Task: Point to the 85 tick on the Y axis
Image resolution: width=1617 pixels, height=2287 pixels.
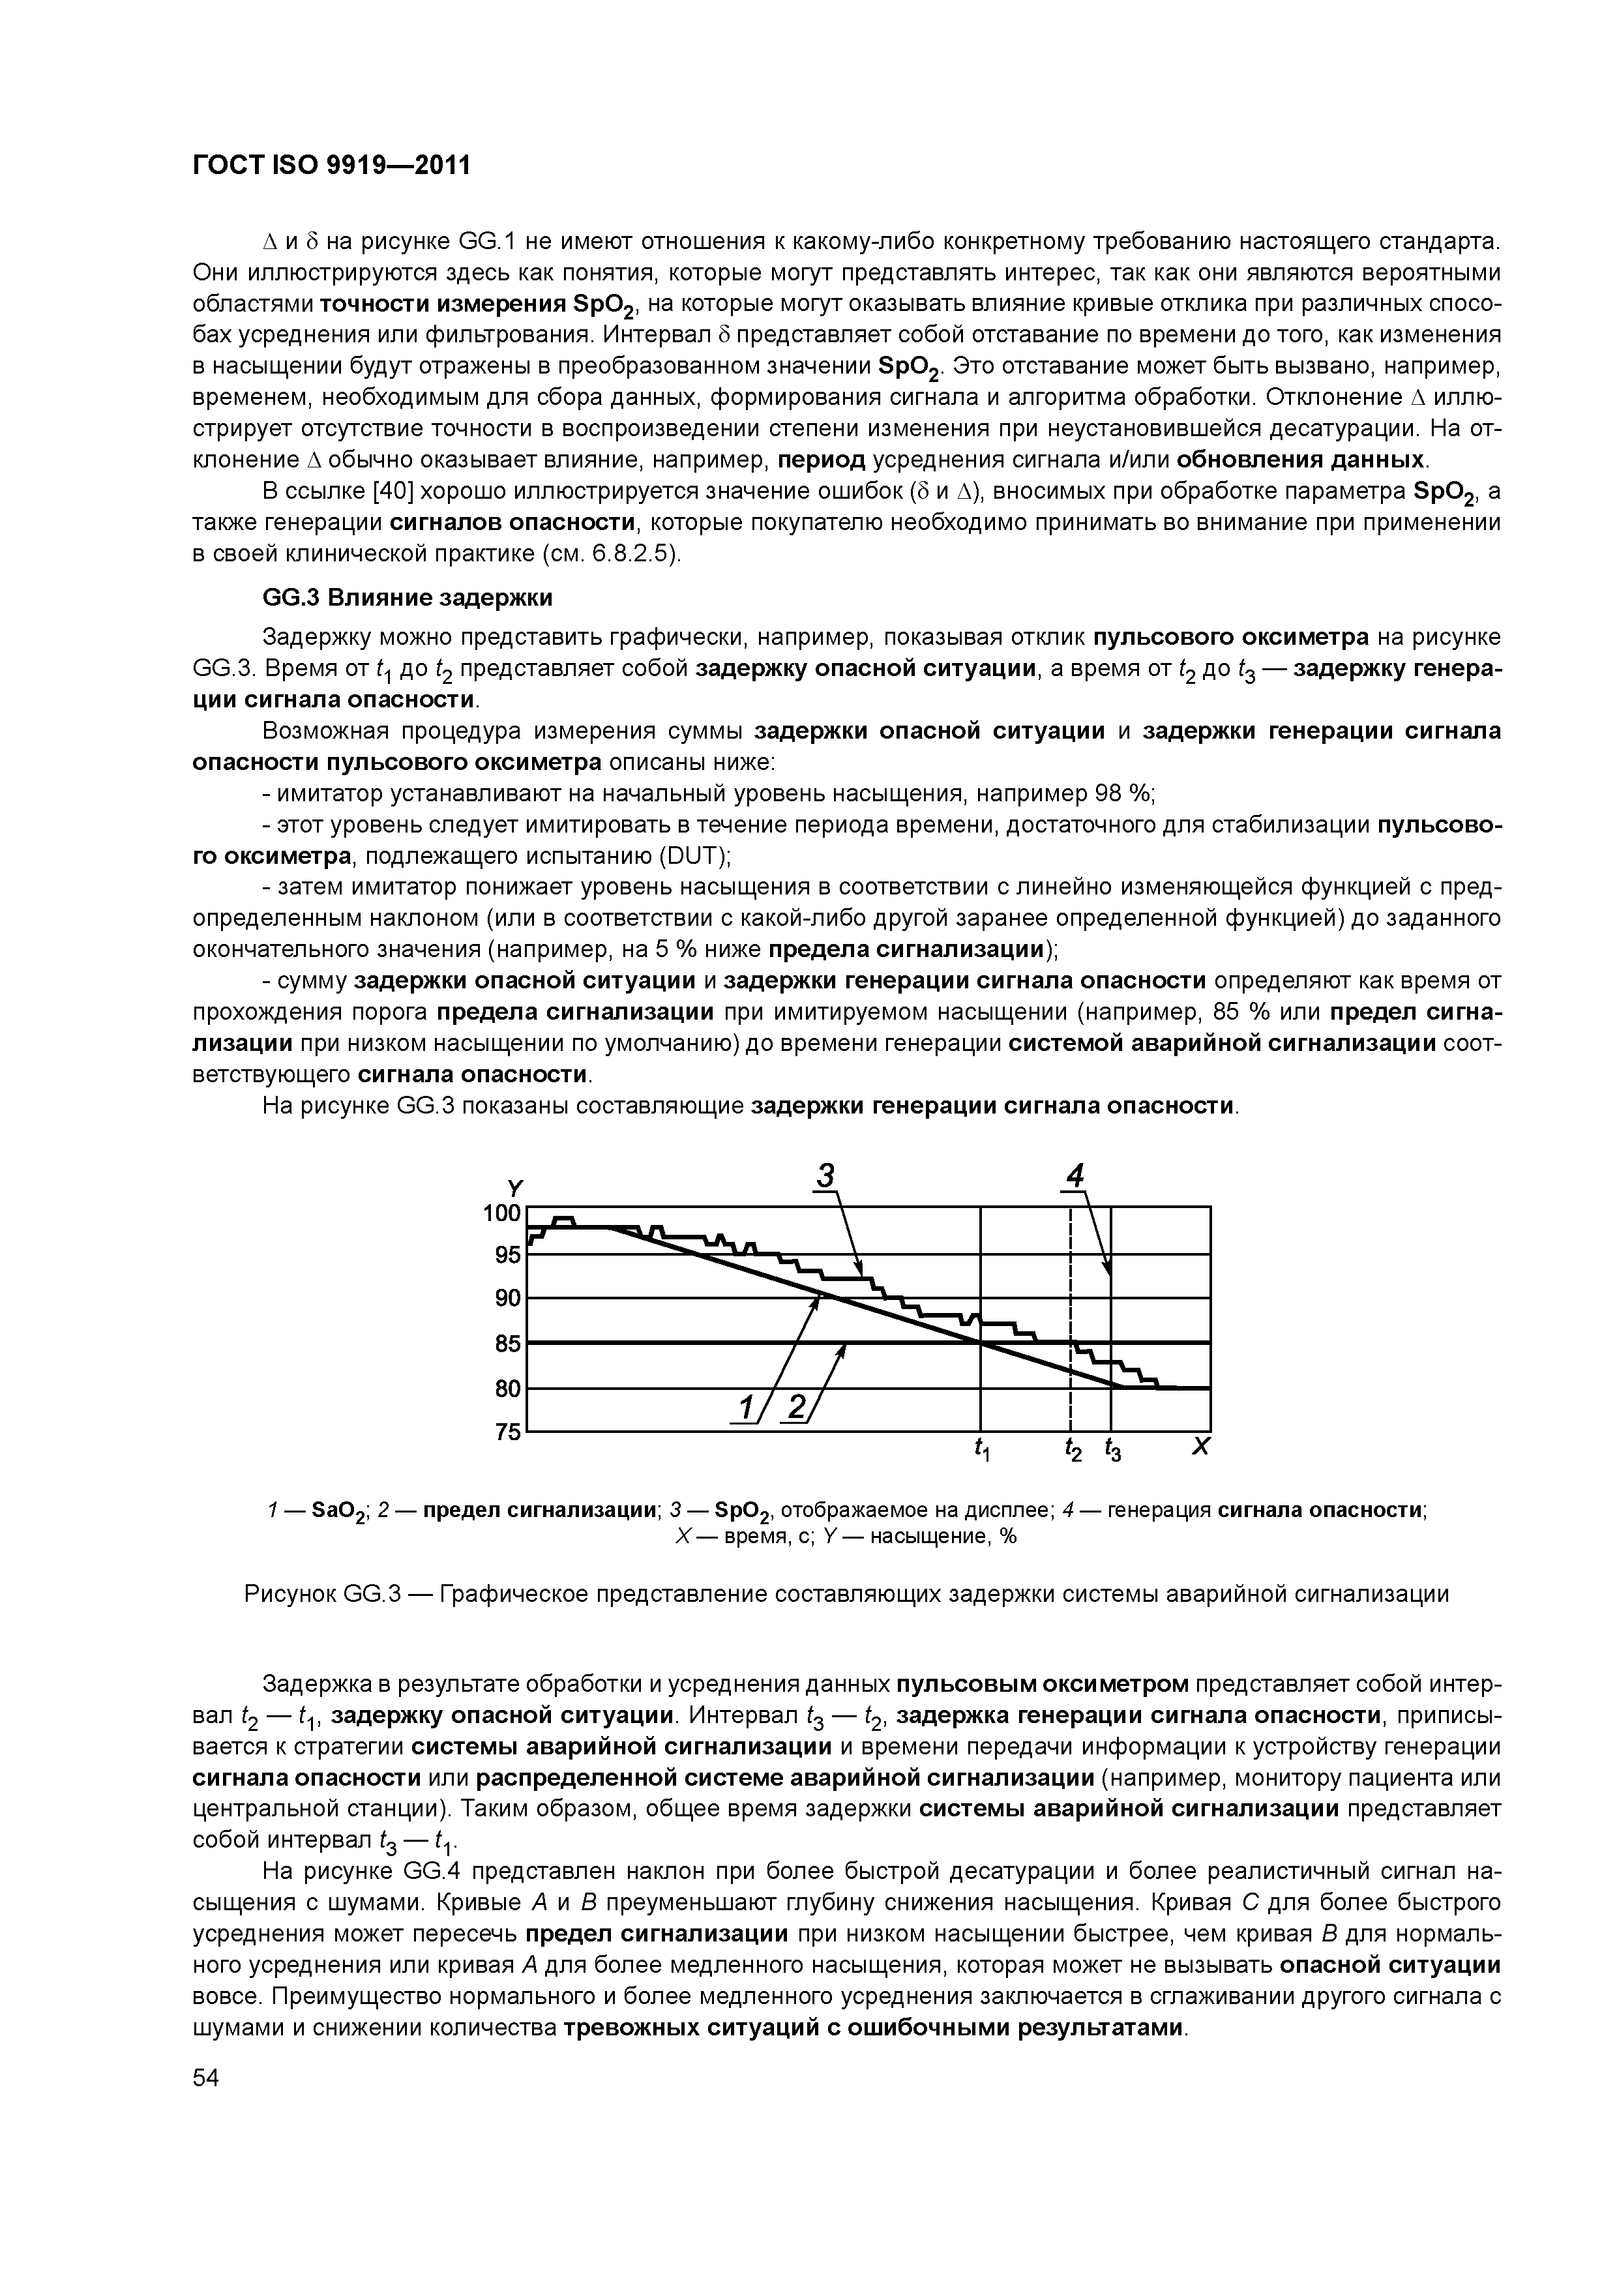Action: [x=508, y=1343]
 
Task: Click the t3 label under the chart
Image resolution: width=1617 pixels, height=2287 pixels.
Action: [x=1112, y=1451]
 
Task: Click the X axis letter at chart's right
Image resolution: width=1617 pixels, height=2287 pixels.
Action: [x=1200, y=1446]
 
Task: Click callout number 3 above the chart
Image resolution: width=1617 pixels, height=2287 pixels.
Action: [x=825, y=1177]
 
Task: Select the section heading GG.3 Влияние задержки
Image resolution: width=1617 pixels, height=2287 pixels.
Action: [x=406, y=598]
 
